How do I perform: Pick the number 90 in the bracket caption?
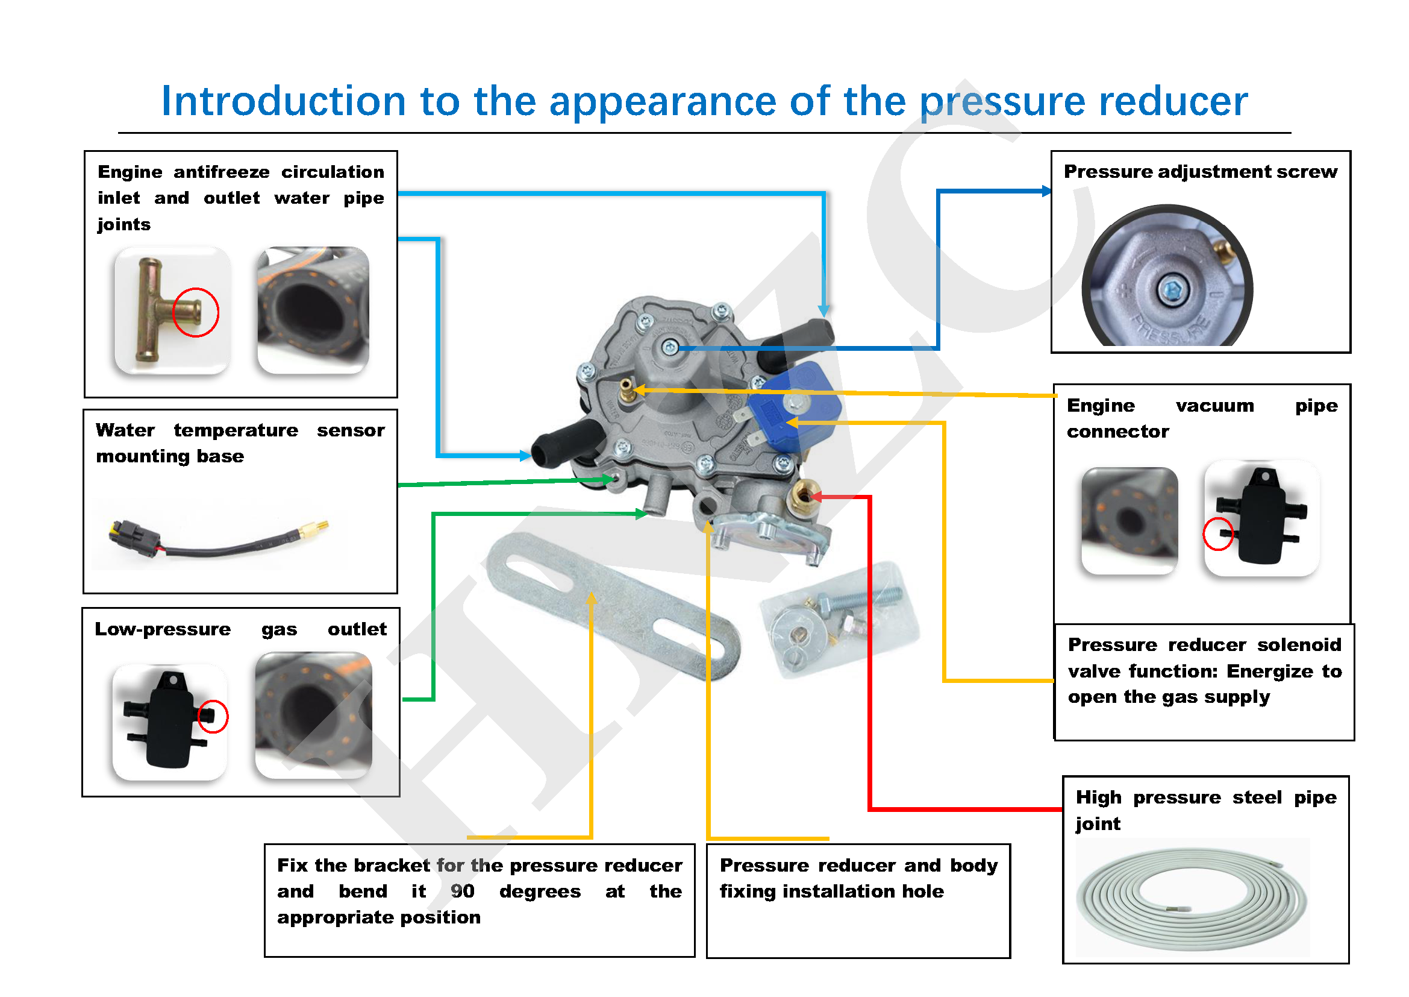click(462, 891)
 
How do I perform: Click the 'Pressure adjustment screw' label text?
click(1200, 172)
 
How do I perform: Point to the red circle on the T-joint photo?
click(196, 312)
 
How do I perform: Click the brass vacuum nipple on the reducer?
click(626, 390)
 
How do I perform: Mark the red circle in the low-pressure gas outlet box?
click(213, 717)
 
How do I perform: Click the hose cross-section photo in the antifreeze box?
click(314, 310)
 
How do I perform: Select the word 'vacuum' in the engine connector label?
click(1214, 406)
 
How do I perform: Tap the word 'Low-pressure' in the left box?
click(163, 629)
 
